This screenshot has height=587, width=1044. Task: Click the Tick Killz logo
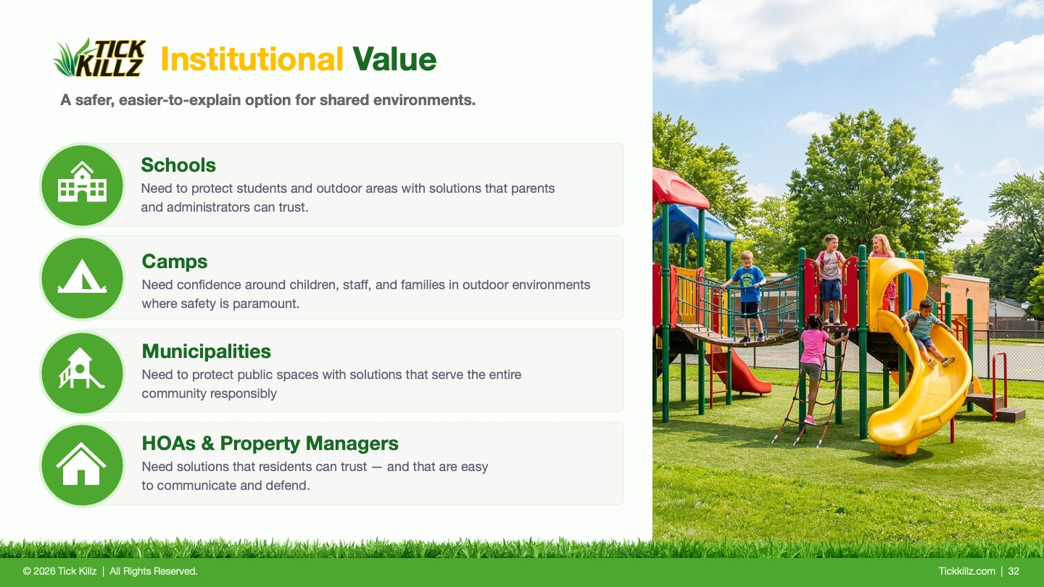coord(100,58)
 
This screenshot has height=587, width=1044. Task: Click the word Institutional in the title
coord(252,59)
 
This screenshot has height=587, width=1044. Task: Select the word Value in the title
coord(394,59)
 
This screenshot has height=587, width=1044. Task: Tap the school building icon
coord(82,182)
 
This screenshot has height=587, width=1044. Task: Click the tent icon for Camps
coord(82,276)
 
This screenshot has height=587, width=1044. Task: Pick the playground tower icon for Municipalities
coord(81,368)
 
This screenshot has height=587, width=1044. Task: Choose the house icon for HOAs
coord(81,464)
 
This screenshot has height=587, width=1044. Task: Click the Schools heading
coord(178,165)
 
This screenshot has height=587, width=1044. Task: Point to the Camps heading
coord(174,262)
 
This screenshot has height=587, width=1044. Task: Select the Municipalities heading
coord(206,351)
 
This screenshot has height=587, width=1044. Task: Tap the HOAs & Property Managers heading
coord(270,443)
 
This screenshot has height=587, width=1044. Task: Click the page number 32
coord(1014,571)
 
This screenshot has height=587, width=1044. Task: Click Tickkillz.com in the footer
coord(966,571)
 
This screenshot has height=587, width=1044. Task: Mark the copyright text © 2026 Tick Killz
coord(59,571)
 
